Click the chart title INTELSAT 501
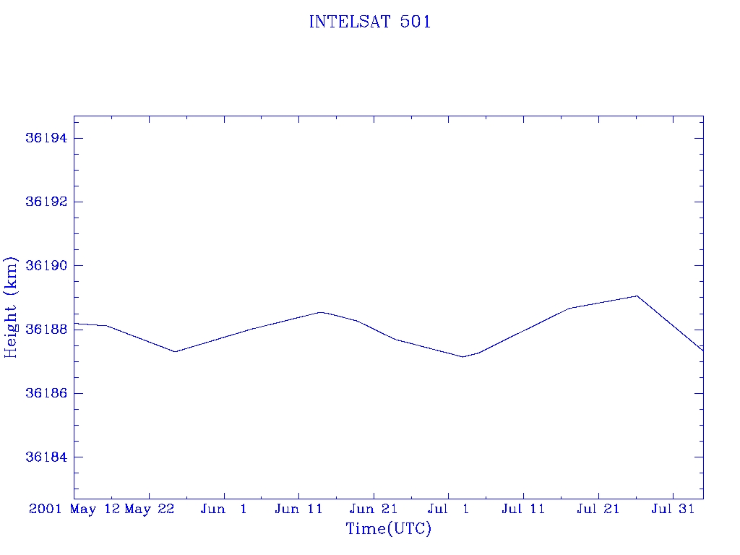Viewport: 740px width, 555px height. [x=370, y=22]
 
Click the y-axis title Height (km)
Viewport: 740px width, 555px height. [x=12, y=306]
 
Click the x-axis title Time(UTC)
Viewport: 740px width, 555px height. [x=389, y=529]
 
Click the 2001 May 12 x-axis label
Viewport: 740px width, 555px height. [x=74, y=509]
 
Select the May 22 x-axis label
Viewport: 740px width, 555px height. [x=150, y=509]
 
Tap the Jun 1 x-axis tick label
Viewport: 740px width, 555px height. [x=224, y=509]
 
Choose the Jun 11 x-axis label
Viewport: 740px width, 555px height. [x=298, y=509]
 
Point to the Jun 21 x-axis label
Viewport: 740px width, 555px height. [x=374, y=509]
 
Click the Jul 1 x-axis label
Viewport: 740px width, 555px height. [x=448, y=509]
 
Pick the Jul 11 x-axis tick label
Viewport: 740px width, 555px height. [x=523, y=509]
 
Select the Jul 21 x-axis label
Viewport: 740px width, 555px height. [x=598, y=509]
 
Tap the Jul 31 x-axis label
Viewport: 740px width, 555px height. [x=673, y=509]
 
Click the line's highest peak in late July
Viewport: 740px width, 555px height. [x=637, y=296]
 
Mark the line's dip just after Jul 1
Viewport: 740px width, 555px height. [x=462, y=357]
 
